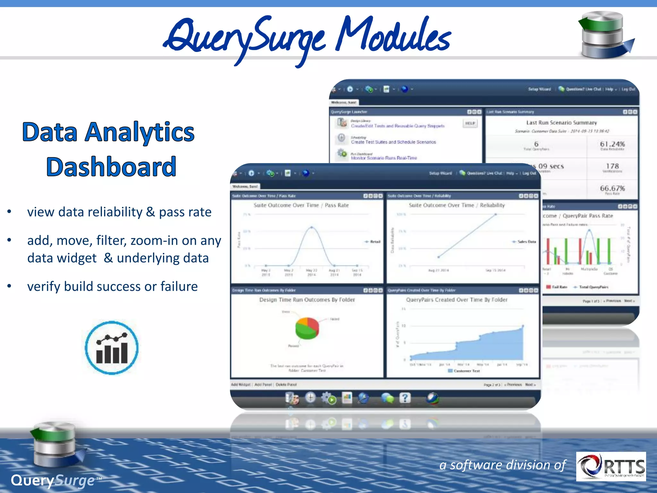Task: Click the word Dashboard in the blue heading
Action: (111, 167)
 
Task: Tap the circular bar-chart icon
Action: (112, 348)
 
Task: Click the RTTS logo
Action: (611, 466)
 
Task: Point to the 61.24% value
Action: (612, 144)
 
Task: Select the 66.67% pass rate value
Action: (612, 188)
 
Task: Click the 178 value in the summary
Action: (612, 166)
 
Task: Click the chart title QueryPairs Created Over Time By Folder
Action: (456, 300)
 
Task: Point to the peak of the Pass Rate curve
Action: (311, 228)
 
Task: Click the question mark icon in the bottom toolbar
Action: (405, 398)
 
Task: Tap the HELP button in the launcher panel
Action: (470, 123)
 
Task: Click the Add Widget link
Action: (241, 385)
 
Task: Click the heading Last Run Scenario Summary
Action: (561, 123)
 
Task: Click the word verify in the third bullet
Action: (43, 287)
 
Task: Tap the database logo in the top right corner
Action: (605, 35)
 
